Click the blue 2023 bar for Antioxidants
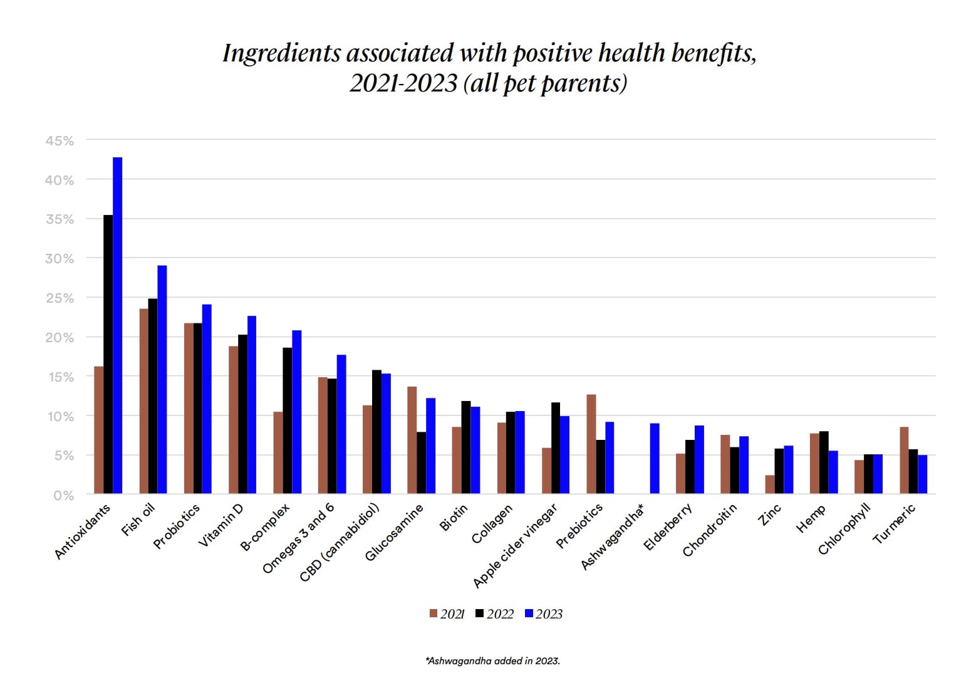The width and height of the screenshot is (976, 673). [117, 326]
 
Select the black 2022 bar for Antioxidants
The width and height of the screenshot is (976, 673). [108, 355]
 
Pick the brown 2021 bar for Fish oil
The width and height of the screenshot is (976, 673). [143, 401]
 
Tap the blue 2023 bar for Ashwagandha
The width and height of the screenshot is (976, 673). [654, 459]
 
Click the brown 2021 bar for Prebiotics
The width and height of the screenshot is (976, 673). [591, 444]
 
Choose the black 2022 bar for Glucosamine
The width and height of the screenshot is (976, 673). [421, 462]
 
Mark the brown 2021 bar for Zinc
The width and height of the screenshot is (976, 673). [769, 484]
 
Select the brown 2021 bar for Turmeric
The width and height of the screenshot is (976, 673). [904, 461]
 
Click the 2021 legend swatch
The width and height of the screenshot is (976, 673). [433, 613]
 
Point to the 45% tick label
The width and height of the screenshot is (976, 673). [60, 141]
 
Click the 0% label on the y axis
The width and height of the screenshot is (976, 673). [63, 495]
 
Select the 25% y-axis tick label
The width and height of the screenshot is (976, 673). [60, 298]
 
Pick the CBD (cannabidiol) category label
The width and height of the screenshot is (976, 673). [340, 543]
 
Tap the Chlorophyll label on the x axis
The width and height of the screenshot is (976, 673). [844, 529]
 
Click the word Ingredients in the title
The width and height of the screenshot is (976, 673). [281, 53]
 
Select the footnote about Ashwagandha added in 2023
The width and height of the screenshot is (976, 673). [492, 660]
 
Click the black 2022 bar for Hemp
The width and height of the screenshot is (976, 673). [824, 462]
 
